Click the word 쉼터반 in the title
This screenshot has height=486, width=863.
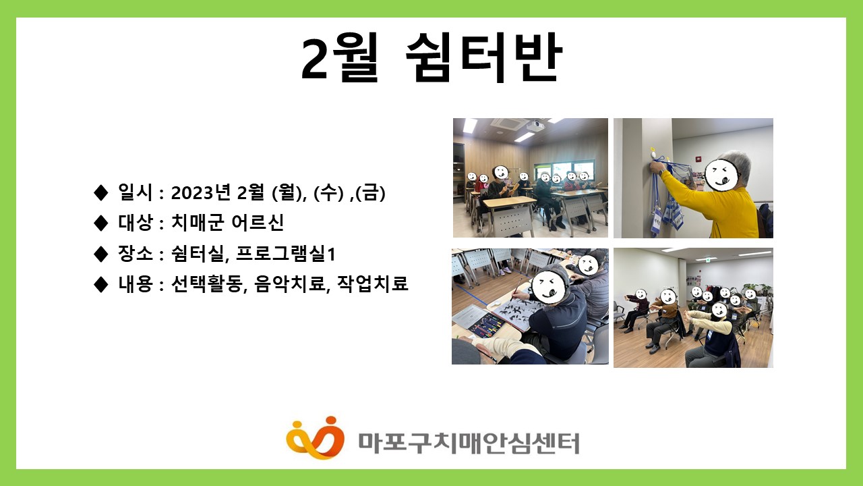[x=484, y=57]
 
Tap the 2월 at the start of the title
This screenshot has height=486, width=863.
[x=339, y=57]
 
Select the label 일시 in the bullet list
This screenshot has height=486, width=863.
[x=136, y=192]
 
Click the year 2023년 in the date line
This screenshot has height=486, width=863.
[x=200, y=192]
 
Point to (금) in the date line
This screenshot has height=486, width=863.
[x=370, y=192]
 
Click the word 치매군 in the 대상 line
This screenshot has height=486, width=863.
[x=198, y=222]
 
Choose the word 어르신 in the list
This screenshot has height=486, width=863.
[x=258, y=222]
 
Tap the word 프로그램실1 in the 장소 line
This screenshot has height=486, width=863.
[x=285, y=254]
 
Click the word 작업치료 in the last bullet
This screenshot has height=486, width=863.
[x=372, y=283]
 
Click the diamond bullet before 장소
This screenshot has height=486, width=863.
[x=101, y=254]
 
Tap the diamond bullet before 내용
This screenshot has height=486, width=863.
[x=101, y=284]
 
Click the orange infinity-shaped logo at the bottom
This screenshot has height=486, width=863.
[x=315, y=438]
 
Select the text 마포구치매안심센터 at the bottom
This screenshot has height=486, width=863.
[x=469, y=443]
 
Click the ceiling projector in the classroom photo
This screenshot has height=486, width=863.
[x=535, y=125]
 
